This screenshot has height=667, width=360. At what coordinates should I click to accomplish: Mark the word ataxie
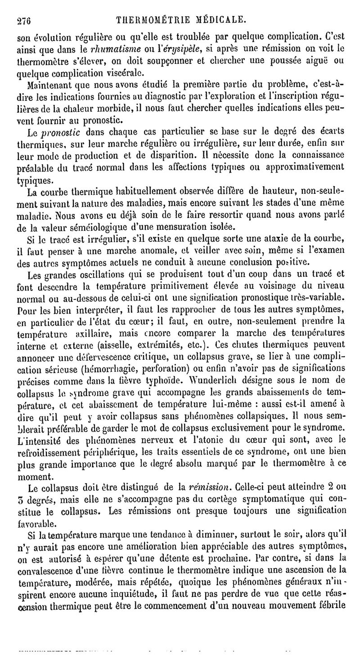[x=271, y=237]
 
